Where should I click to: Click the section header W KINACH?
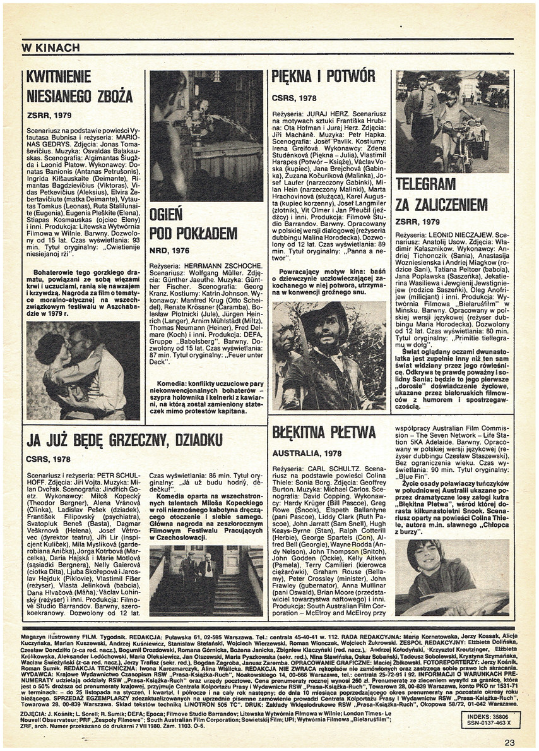pyautogui.click(x=50, y=48)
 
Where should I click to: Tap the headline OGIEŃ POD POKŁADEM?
pyautogui.click(x=193, y=224)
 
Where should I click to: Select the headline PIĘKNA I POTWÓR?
pyautogui.click(x=323, y=77)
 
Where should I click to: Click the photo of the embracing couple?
pyautogui.click(x=83, y=371)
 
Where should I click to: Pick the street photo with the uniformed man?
pyautogui.click(x=451, y=121)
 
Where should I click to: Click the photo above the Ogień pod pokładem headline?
pyautogui.click(x=206, y=136)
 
